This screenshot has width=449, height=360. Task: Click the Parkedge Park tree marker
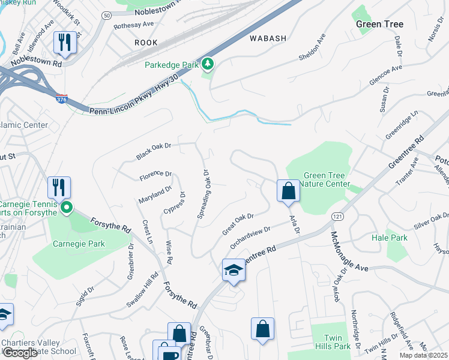point(208,63)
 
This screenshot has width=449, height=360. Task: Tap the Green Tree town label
point(379,24)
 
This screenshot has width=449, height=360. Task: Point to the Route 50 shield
point(107,14)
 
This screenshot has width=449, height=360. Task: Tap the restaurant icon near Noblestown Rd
point(65,42)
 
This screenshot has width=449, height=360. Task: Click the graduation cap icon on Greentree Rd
point(233,270)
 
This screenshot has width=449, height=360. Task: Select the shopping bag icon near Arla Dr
point(288,191)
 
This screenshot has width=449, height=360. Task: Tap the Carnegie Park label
point(79,244)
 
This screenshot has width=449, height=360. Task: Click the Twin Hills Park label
point(337,342)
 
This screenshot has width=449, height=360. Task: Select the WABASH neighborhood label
point(268,38)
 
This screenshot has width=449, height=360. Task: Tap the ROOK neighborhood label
point(146,43)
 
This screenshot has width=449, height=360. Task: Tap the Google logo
point(20,353)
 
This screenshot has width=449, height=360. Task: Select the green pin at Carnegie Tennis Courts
point(66,209)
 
